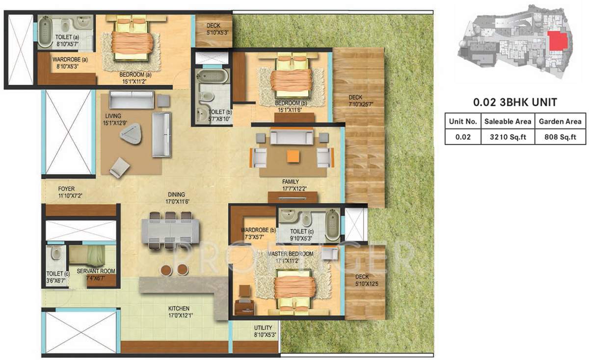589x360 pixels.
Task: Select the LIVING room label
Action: (112, 116)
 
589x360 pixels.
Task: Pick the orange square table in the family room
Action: (293, 156)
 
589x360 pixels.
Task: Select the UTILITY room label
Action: (263, 328)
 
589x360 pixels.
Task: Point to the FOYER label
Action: (66, 188)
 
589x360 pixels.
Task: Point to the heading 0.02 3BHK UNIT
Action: (515, 103)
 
